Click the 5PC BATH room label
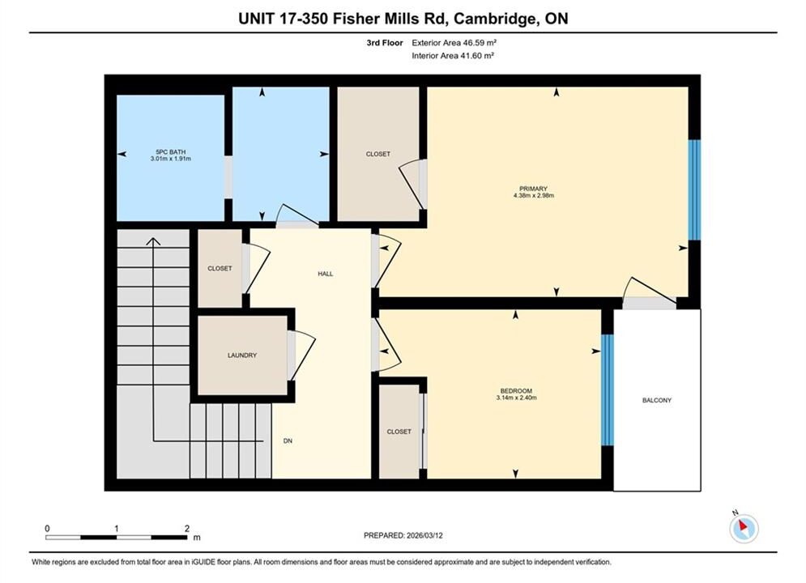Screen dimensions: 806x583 [171, 152]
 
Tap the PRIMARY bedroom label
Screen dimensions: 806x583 [533, 189]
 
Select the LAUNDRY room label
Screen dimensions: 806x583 [242, 355]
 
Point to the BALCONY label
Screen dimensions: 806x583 [656, 400]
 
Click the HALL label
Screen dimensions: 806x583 [326, 274]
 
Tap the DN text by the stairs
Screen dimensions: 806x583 [288, 440]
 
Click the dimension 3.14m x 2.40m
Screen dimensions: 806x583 [516, 398]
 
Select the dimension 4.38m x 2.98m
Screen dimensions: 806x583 [534, 196]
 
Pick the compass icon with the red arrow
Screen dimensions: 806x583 [744, 527]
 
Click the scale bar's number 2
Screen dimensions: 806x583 [187, 528]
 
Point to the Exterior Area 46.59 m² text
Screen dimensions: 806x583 [454, 43]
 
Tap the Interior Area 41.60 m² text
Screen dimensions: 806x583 [453, 56]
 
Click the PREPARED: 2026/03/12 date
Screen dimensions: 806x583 [403, 535]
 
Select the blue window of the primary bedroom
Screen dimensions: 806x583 [694, 189]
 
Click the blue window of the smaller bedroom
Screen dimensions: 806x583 [607, 389]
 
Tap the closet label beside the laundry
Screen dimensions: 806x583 [220, 268]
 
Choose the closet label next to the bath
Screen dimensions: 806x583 [377, 154]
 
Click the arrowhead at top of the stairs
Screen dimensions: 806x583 [153, 241]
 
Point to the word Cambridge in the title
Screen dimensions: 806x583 [494, 19]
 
